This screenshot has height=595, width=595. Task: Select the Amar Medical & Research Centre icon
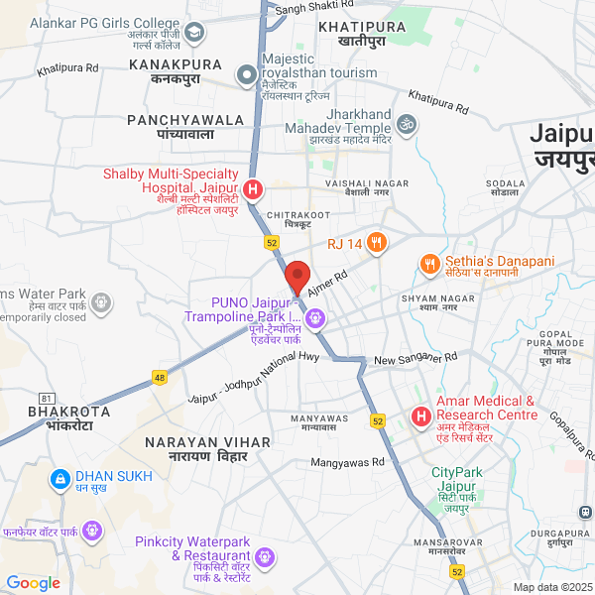(x=420, y=416)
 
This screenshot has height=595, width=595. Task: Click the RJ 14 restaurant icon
(x=376, y=241)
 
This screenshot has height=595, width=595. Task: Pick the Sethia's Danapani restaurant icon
(x=429, y=265)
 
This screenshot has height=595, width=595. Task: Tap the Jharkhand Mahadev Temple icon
(x=405, y=125)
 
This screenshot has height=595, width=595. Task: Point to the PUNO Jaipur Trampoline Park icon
(x=315, y=318)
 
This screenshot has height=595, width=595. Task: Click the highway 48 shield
(x=160, y=377)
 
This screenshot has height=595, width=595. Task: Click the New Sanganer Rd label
(x=415, y=358)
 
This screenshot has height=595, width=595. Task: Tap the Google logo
(x=33, y=583)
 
